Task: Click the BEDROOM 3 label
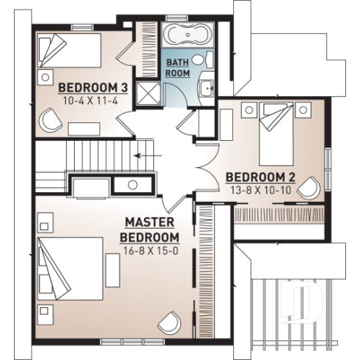[x=94, y=87]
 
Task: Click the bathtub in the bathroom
[x=185, y=35]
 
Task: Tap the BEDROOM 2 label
[x=250, y=177]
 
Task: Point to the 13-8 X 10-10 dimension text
[x=250, y=189]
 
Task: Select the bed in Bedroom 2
[x=283, y=132]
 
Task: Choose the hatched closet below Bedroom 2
[x=280, y=214]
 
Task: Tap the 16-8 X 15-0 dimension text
[x=149, y=251]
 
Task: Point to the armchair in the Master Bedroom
[x=171, y=321]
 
